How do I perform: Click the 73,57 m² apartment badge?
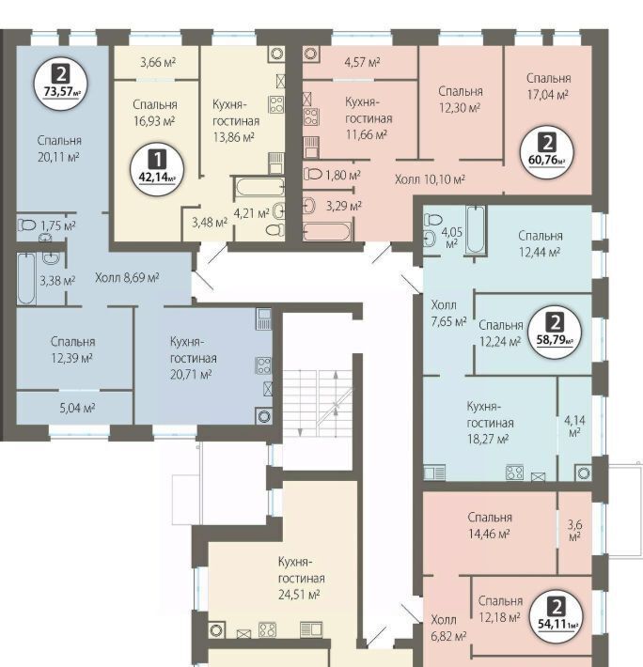click(x=61, y=83)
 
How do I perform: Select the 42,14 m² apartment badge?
click(x=157, y=169)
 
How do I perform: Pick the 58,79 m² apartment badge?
click(x=555, y=332)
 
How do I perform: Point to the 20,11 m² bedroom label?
click(x=59, y=148)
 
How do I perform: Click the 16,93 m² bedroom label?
click(x=154, y=113)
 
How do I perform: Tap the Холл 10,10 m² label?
click(x=430, y=179)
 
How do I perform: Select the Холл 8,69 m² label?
click(x=127, y=278)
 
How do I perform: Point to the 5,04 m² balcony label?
click(x=77, y=408)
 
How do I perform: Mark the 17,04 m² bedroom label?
click(x=549, y=86)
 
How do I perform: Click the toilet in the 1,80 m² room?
click(x=313, y=174)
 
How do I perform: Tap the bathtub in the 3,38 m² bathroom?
click(x=26, y=279)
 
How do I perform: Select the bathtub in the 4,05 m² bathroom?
click(x=476, y=229)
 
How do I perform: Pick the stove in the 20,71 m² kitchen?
click(x=263, y=365)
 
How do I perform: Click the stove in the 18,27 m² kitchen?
click(x=514, y=473)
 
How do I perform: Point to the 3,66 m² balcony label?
click(x=158, y=63)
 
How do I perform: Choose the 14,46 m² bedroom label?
click(x=490, y=525)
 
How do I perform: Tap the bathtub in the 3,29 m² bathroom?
click(x=327, y=232)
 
